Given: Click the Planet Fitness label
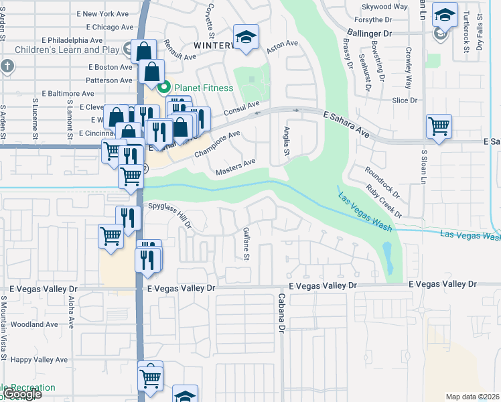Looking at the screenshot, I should click(204, 88).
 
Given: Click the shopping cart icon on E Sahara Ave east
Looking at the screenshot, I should click(439, 125).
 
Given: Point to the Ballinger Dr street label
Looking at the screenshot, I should click(369, 32).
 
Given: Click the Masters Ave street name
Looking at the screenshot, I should click(236, 167).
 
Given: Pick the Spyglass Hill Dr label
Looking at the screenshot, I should click(170, 214).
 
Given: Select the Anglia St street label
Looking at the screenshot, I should click(286, 142).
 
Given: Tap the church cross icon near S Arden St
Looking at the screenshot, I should click(7, 66).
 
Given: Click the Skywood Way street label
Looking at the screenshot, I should click(384, 7).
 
